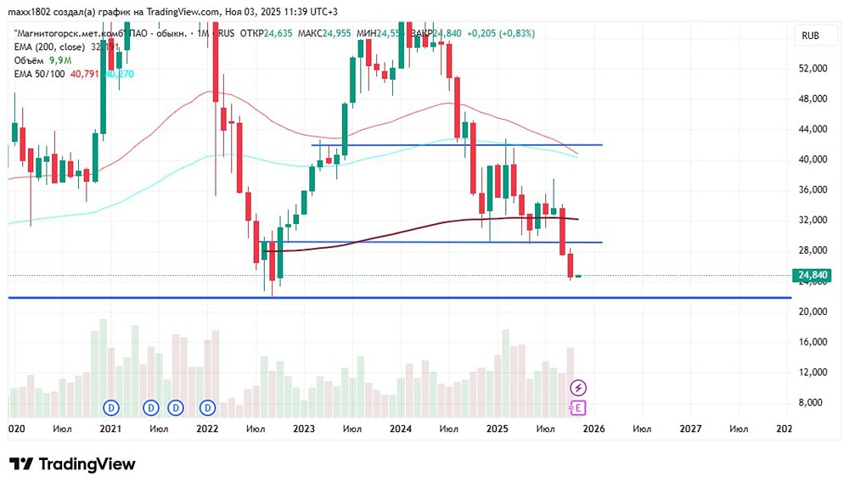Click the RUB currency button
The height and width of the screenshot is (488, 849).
811,36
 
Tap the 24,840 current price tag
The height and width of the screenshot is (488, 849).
812,275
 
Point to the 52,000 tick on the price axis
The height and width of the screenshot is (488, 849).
812,68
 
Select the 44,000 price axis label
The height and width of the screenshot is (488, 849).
812,129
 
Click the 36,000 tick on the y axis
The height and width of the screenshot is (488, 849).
812,189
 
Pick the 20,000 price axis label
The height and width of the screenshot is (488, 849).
812,311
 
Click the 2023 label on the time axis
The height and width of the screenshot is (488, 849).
304,429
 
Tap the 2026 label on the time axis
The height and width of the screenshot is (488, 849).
593,429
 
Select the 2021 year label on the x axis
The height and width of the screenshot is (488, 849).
110,429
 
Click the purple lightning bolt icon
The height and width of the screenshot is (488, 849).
578,388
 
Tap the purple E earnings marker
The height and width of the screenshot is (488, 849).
578,407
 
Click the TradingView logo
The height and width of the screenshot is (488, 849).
72,464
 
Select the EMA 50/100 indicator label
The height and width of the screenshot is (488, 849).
39,74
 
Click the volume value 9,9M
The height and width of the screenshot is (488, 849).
60,61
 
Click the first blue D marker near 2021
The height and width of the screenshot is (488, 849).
111,407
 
